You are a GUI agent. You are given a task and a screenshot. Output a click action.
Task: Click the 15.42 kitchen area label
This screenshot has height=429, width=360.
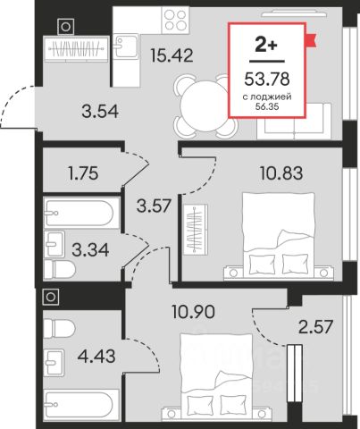coord(172,55)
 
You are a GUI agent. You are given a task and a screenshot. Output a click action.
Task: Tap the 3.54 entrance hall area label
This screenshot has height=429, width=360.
coord(100,111)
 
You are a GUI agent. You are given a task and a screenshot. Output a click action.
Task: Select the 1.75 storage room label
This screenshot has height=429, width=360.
coord(83,173)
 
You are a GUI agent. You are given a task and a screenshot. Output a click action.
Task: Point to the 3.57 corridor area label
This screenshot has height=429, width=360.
coord(155,206)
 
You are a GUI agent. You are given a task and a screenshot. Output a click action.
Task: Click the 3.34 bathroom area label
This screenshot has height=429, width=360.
coord(90,250)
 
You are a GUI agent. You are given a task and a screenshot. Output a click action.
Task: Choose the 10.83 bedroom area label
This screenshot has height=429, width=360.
coord(281,173)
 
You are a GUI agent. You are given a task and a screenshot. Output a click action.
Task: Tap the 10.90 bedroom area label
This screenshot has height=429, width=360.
coord(193,312)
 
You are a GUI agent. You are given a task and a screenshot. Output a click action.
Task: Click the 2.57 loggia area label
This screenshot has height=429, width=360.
coord(315,327)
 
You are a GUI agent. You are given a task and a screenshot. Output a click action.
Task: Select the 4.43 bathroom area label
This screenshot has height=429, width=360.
coord(96,357)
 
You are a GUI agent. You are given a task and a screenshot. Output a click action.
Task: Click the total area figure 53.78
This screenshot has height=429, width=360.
coord(267,80)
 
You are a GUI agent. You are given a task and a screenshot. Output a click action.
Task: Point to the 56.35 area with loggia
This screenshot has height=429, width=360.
coord(267,106)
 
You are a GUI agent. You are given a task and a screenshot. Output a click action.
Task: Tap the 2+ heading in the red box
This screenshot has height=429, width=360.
coord(266,46)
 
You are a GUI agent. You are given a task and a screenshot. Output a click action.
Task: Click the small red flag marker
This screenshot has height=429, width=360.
coord(311,40)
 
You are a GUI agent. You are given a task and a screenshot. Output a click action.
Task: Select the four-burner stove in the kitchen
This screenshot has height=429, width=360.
coord(175,20)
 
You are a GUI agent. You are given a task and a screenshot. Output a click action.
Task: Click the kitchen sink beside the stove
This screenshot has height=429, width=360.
coord(126,46)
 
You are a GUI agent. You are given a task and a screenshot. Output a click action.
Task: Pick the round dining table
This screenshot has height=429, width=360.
coord(205,106)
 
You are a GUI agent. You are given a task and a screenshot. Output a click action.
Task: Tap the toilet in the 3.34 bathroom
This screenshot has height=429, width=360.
coord(60,269)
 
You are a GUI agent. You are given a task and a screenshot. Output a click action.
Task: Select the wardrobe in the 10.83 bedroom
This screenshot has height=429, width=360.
coord(196,229)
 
